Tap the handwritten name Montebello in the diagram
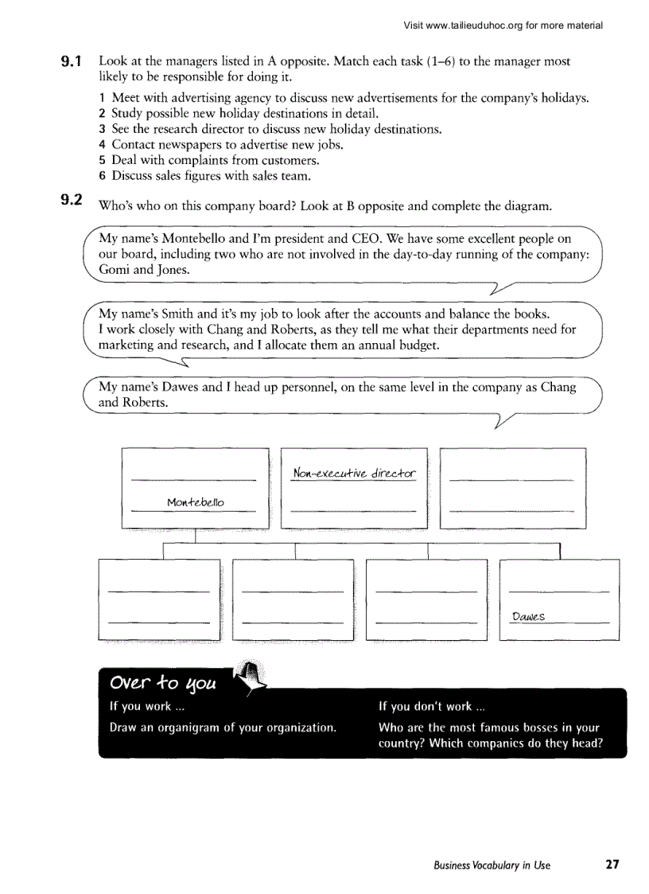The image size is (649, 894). [196, 502]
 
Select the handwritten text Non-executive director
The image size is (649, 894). [354, 474]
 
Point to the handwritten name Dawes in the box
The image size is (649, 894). [528, 616]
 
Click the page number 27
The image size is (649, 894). [612, 865]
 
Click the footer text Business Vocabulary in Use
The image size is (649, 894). [492, 865]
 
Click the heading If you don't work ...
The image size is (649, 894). [436, 706]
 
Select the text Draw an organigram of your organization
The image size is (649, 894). [222, 728]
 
